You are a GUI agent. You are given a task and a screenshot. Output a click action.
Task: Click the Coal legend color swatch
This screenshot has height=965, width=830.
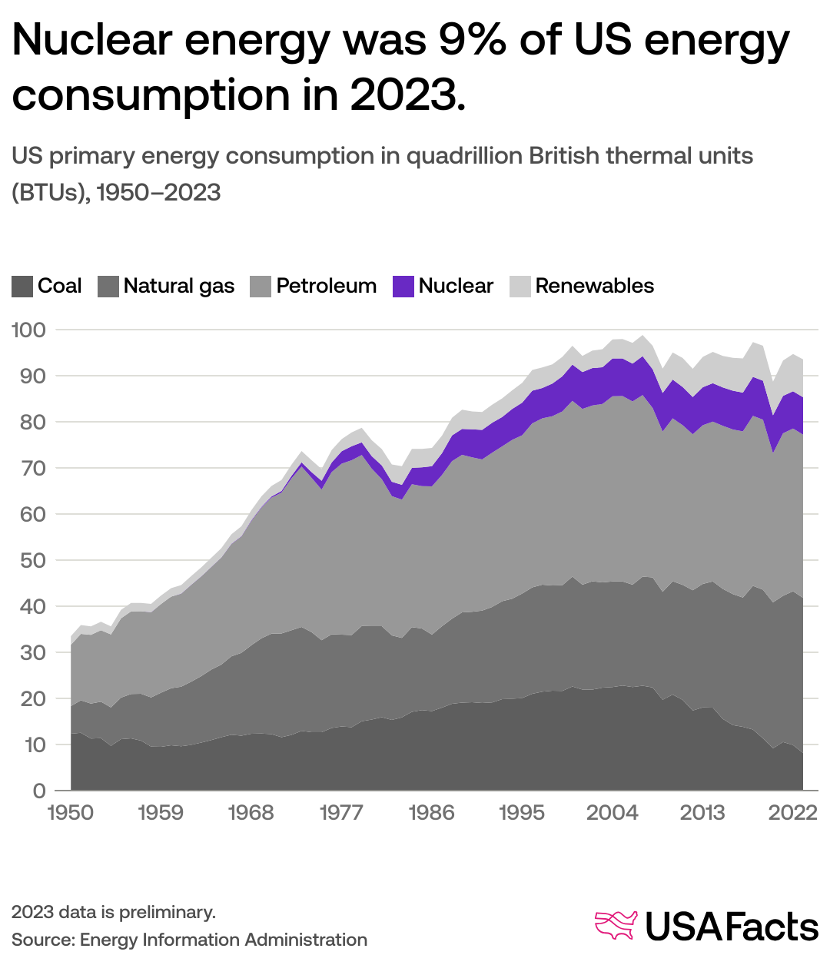point(22,287)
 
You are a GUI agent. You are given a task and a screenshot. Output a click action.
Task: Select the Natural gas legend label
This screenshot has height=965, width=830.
point(178,287)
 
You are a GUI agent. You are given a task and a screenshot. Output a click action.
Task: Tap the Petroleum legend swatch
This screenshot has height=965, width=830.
point(261,287)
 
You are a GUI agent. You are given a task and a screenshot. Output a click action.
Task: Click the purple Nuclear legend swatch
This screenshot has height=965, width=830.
point(403,287)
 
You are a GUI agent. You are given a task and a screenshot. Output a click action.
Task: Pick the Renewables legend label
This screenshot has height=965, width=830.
point(594,287)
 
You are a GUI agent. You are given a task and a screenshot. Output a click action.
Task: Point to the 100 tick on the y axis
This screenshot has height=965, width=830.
point(29,330)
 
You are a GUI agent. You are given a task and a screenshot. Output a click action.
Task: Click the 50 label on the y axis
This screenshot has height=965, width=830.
point(29,560)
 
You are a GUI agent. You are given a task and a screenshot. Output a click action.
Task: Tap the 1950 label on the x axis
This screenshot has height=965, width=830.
point(71,812)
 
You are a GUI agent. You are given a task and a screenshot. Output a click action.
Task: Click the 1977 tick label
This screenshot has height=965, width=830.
point(341,812)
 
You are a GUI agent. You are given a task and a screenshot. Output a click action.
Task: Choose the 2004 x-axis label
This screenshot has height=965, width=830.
point(612,812)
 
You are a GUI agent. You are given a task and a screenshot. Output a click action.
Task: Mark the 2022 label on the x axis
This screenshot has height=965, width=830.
point(793,812)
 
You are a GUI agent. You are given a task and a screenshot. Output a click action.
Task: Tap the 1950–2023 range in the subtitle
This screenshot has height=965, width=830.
point(159,192)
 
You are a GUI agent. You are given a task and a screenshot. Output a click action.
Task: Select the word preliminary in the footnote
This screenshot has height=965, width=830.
point(170,913)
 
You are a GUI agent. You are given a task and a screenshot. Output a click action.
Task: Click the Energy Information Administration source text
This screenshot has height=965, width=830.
point(224,940)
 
